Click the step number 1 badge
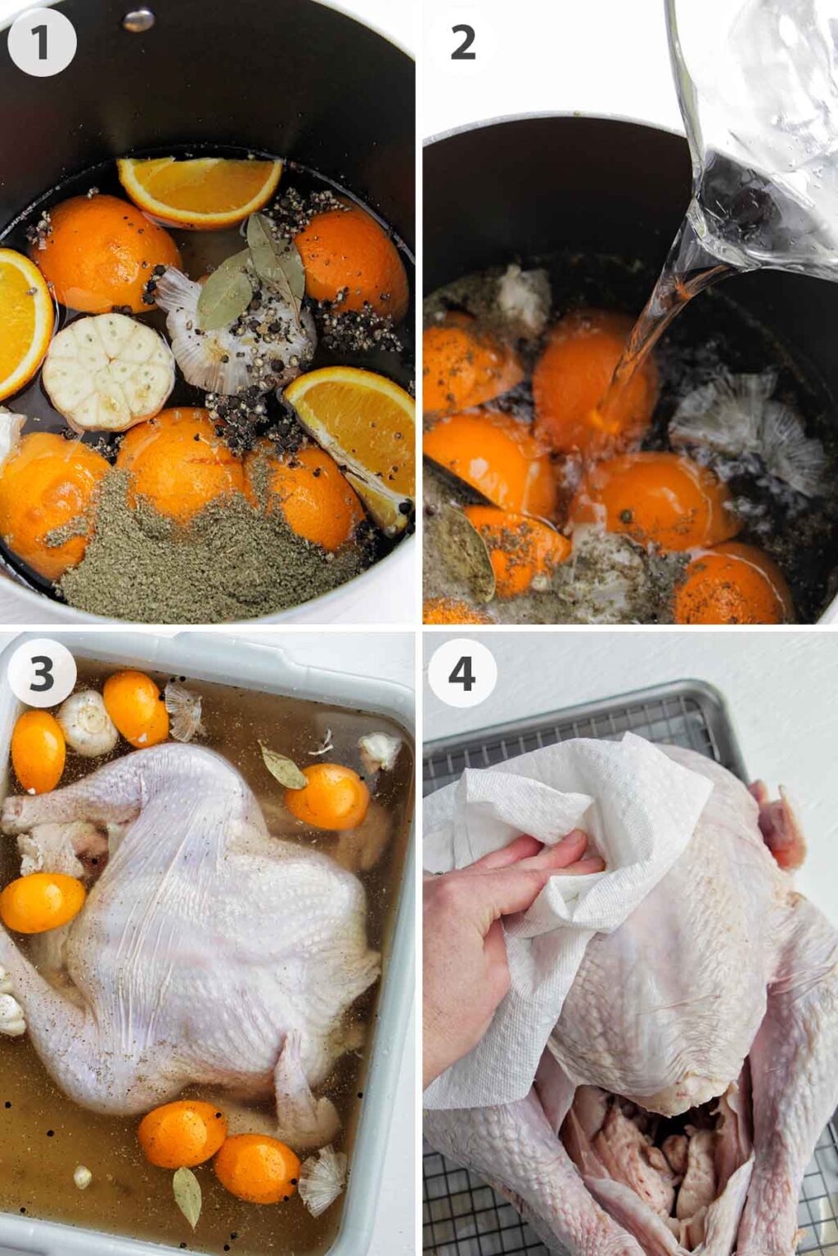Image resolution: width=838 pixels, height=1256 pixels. coord(41,43)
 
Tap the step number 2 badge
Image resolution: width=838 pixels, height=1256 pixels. coord(462,43)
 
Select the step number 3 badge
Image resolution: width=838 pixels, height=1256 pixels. coord(41,674)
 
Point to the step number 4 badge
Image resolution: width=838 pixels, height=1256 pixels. coord(462,674)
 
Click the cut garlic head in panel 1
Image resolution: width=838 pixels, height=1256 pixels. coord(108,371)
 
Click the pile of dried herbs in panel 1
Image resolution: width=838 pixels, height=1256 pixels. coord(205,556)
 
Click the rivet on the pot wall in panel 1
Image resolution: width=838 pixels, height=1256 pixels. coord(139,19)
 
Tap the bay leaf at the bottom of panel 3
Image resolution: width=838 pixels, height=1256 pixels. coord(187,1195)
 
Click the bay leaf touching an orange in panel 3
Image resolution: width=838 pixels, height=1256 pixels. coord(282,766)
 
